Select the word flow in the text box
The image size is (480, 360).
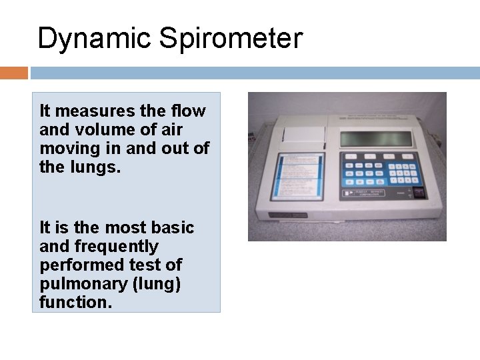point(189,111)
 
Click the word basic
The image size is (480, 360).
point(175,228)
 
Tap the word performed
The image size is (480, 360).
point(78,265)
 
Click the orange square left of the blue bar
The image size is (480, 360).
point(14,72)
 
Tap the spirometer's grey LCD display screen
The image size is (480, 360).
point(377,138)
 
